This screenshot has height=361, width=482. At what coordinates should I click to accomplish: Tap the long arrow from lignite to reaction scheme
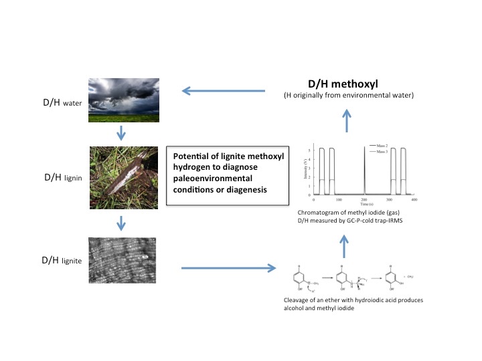pos(228,269)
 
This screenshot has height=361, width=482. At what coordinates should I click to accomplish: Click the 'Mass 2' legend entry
pos(382,145)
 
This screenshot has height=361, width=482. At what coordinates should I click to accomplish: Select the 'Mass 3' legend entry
pos(382,152)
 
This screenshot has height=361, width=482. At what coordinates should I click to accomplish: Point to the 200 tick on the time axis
pos(364,200)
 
